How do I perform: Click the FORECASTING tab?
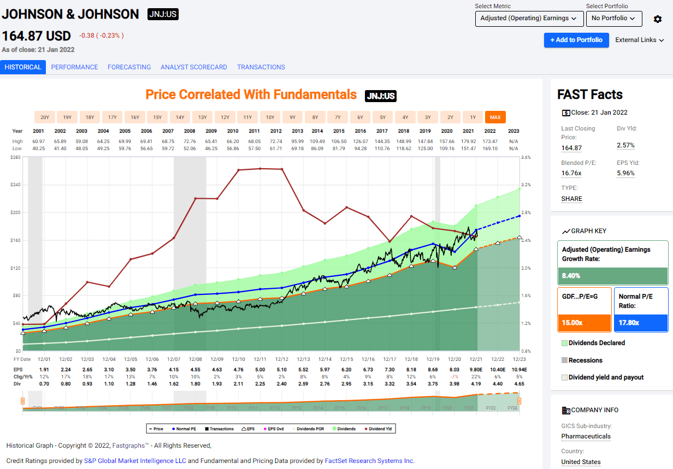pos(129,67)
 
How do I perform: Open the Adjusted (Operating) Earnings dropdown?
pos(529,19)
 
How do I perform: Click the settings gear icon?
pos(658,19)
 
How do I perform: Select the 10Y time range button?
pos(270,117)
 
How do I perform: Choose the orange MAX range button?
pos(495,117)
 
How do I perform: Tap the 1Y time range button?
pos(473,117)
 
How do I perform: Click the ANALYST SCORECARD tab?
pos(193,67)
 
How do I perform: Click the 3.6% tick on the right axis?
pos(526,157)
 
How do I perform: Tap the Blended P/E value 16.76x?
pos(571,173)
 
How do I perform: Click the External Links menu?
pos(639,40)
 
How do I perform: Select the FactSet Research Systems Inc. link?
pos(369,461)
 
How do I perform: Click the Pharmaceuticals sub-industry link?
pos(586,436)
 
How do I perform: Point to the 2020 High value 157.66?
pos(447,141)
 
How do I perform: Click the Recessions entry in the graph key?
pos(585,360)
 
